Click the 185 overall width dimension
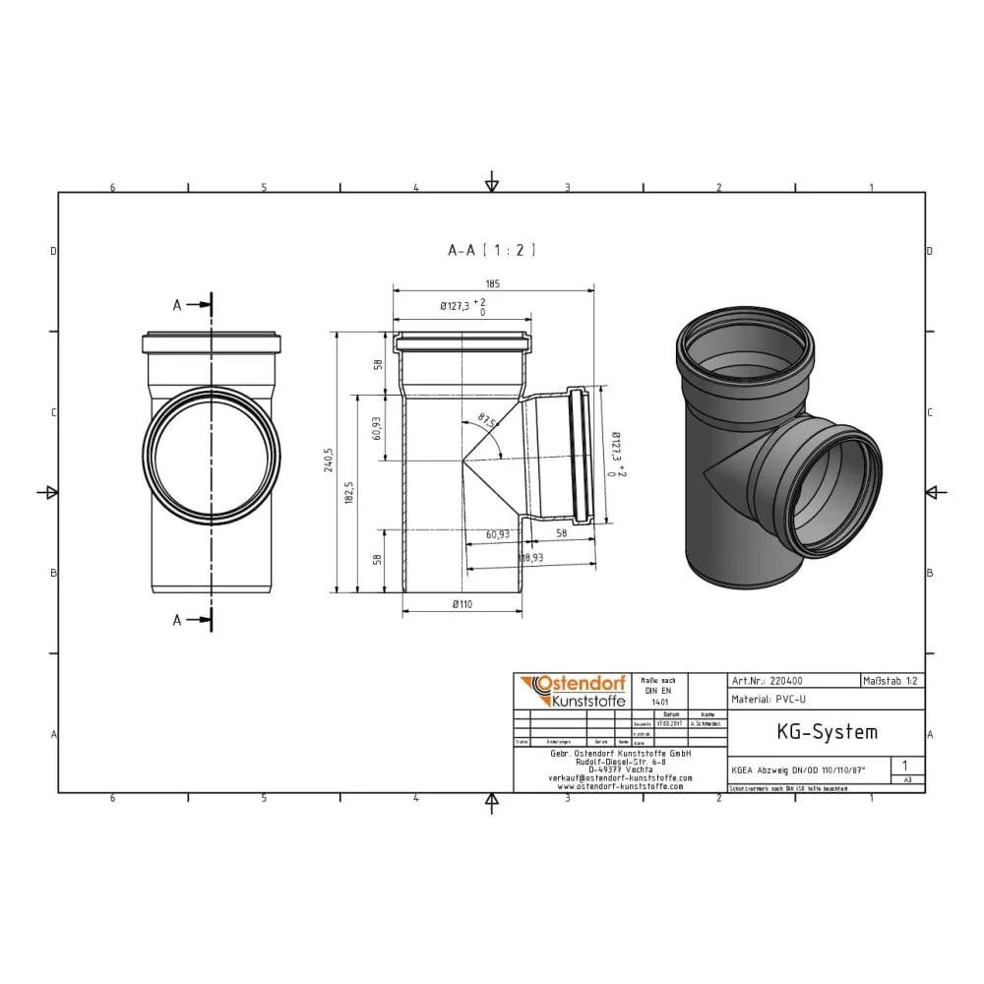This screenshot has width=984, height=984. [x=492, y=283]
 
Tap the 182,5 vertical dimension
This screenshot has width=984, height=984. [x=348, y=492]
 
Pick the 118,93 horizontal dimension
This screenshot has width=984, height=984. [x=532, y=558]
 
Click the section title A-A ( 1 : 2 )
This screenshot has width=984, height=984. [x=491, y=251]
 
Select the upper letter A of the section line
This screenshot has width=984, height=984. [x=178, y=305]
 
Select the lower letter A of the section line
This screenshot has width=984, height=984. [x=178, y=619]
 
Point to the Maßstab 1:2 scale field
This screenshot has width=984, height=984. [x=892, y=680]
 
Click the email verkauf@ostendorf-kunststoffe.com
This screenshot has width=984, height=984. [x=620, y=777]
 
